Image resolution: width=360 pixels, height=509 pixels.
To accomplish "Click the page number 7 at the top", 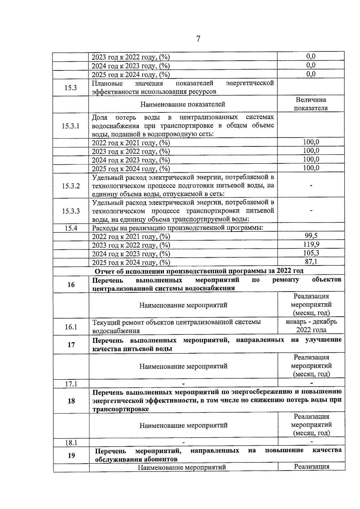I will tap(198, 39).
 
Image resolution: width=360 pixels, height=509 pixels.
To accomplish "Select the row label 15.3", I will tap(71, 88).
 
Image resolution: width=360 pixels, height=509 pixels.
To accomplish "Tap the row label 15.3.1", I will tap(71, 126).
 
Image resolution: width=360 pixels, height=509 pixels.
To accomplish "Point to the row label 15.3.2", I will tap(71, 186).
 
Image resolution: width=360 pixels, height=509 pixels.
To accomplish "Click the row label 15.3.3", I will tap(71, 211).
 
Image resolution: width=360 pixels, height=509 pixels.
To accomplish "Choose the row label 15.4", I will tap(71, 228).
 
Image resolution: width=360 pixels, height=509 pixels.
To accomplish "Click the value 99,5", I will tap(311, 236).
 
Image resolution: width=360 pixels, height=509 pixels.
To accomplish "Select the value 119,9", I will tap(311, 244).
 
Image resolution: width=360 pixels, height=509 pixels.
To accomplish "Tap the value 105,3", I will tap(311, 253).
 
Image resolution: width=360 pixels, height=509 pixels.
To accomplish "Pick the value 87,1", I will tap(311, 262).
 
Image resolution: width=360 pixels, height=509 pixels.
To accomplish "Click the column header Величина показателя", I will tap(311, 104).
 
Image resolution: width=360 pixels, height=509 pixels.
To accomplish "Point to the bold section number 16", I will tap(71, 284).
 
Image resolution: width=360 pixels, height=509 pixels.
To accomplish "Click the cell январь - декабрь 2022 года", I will tap(311, 326).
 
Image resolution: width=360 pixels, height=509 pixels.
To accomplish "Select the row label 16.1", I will tap(71, 327).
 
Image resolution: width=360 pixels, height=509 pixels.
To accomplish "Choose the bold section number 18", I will tap(71, 401).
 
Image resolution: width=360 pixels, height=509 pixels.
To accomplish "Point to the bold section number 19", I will tap(71, 455).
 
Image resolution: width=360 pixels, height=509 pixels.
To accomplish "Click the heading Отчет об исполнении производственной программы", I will tap(199, 271).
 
